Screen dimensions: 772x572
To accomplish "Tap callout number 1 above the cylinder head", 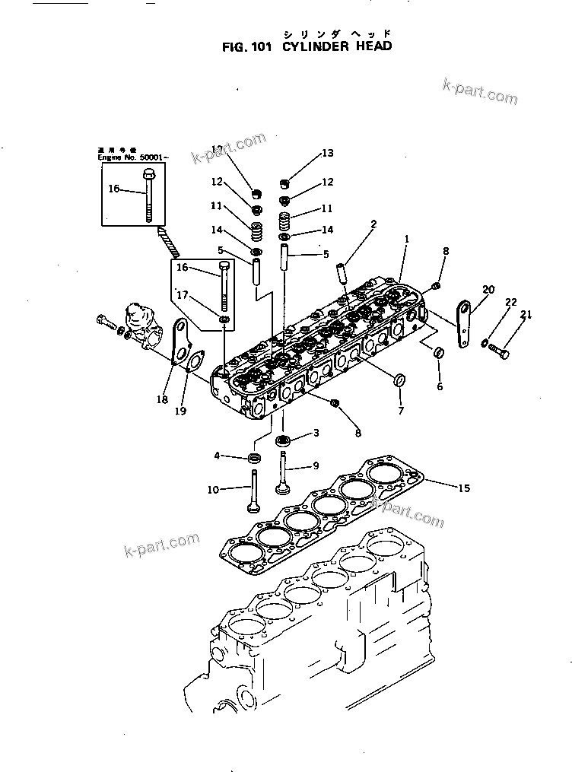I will (407, 238).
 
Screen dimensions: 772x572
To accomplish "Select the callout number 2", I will (373, 224).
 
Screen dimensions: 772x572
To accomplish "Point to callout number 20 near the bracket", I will (488, 289).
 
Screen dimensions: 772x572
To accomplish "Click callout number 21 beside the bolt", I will (525, 315).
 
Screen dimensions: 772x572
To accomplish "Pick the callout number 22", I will (510, 303).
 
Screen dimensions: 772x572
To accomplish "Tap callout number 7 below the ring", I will (401, 411).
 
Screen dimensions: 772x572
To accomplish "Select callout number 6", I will (439, 386).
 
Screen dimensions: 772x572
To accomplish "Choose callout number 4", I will (217, 456).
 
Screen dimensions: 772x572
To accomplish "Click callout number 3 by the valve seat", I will (316, 433).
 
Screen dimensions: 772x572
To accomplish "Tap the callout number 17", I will (183, 295).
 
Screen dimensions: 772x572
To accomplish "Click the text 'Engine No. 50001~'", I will (134, 157).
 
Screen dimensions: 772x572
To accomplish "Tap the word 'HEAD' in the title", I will (373, 46).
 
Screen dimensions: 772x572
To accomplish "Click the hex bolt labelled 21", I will (500, 351).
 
